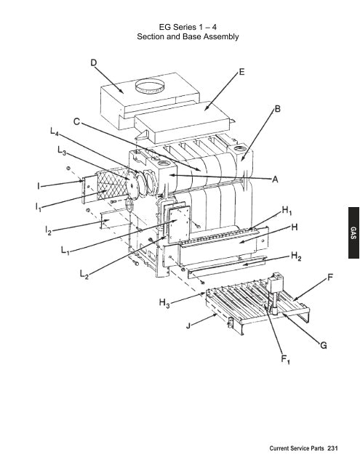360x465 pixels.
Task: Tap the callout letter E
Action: pos(241,73)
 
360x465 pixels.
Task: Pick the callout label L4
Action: pos(54,133)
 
